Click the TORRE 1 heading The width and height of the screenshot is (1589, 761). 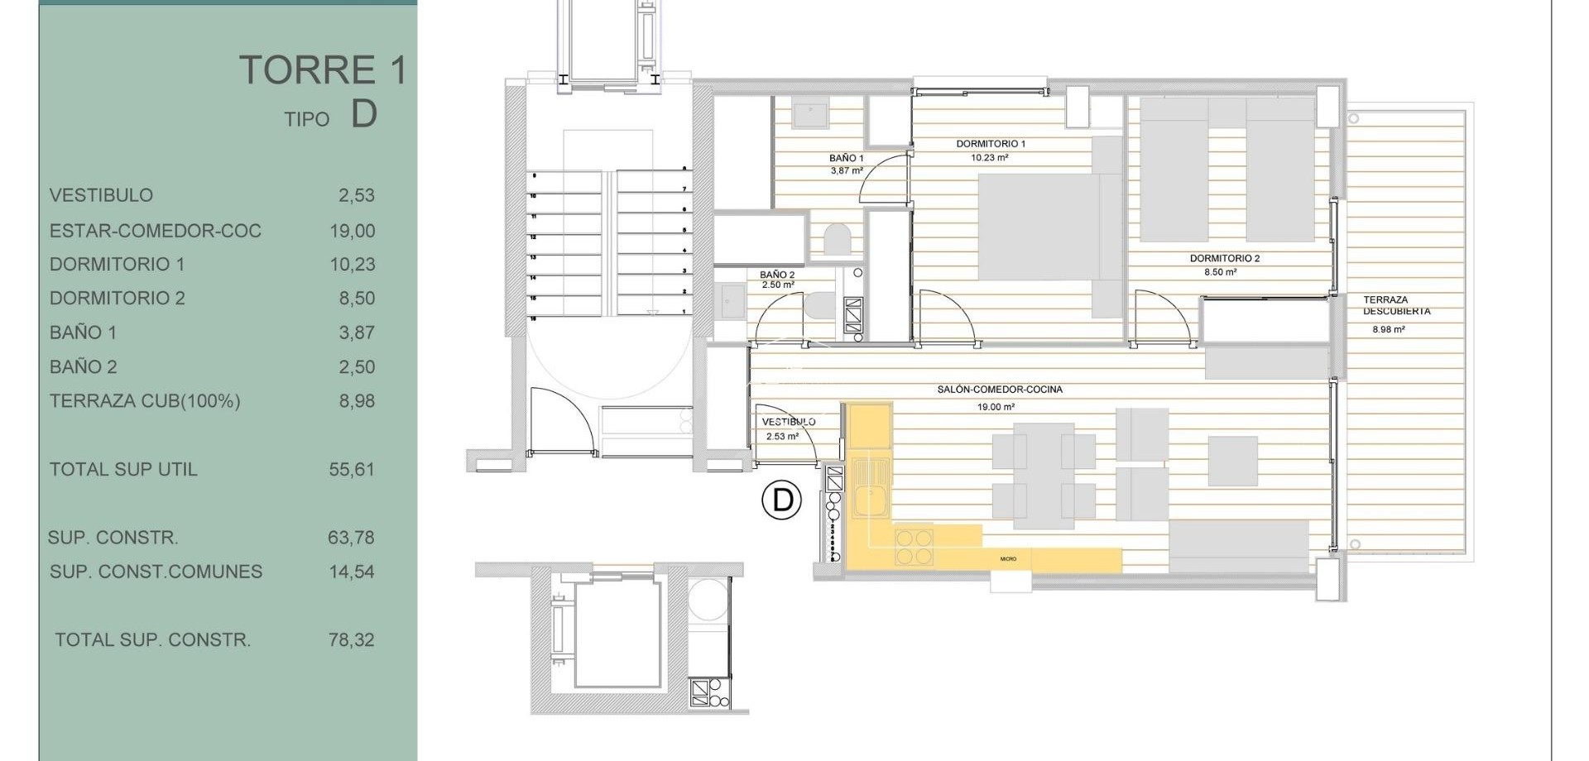click(x=323, y=70)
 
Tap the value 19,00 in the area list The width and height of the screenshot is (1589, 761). click(x=353, y=231)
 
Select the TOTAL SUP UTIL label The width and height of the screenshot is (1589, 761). click(x=123, y=469)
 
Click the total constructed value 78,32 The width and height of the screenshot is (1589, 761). click(x=352, y=639)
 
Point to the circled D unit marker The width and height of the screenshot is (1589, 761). click(x=781, y=500)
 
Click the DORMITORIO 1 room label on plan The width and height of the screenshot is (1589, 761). click(x=991, y=144)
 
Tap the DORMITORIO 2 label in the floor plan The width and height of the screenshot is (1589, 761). click(x=1224, y=258)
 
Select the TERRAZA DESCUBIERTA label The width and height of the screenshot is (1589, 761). click(x=1396, y=305)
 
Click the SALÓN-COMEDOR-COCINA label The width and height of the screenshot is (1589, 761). click(x=1000, y=389)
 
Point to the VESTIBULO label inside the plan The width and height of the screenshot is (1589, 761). click(x=788, y=422)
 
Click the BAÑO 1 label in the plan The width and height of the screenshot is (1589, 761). click(x=846, y=158)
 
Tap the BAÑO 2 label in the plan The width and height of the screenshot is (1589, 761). click(x=776, y=275)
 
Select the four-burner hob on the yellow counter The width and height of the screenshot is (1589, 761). click(x=914, y=546)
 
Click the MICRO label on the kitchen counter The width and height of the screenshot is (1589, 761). click(x=1008, y=559)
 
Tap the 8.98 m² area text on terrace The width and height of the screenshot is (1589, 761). click(x=1388, y=329)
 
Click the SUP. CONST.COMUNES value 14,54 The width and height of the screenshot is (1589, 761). click(x=352, y=572)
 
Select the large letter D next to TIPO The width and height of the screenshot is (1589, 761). click(x=364, y=114)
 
